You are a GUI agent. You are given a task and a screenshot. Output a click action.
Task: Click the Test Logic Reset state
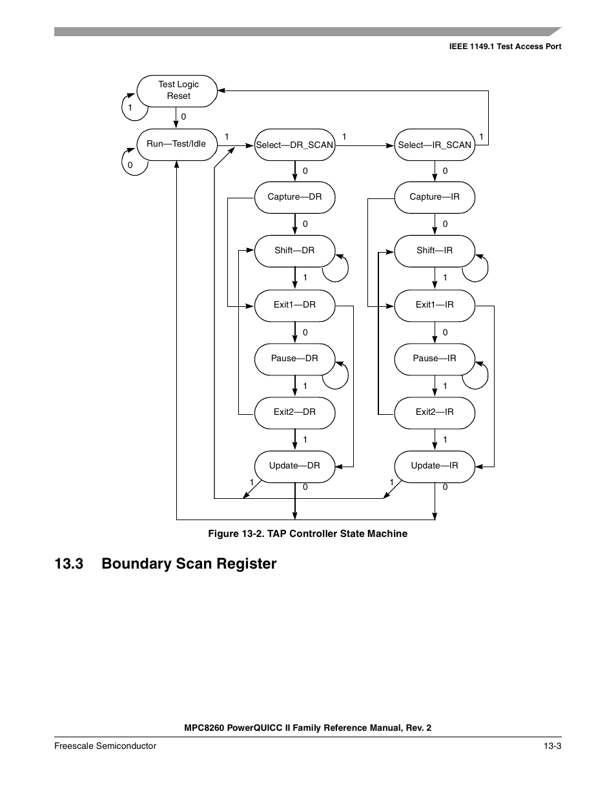click(x=177, y=90)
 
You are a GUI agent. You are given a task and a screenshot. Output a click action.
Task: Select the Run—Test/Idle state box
click(x=176, y=144)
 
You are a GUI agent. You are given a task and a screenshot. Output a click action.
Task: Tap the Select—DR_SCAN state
click(x=294, y=145)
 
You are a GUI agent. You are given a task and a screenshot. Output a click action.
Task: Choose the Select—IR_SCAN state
click(x=435, y=145)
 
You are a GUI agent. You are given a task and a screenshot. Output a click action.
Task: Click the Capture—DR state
click(x=294, y=197)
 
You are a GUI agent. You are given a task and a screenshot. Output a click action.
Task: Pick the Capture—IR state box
click(x=435, y=197)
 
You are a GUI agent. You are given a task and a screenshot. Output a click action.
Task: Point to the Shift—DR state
click(x=294, y=251)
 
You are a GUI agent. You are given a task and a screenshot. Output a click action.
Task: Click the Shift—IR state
click(x=435, y=251)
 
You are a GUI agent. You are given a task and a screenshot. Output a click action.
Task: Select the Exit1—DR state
click(x=294, y=305)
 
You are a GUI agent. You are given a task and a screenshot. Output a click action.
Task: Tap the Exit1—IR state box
click(x=435, y=305)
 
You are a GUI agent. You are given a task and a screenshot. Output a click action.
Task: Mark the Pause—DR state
click(x=294, y=359)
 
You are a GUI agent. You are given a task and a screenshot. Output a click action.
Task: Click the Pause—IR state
click(x=435, y=359)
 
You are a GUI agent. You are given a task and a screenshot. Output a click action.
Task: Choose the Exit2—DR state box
click(x=294, y=412)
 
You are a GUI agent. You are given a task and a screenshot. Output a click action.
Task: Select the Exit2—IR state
click(x=435, y=412)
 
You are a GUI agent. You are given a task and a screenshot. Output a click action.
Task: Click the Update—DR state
click(x=294, y=466)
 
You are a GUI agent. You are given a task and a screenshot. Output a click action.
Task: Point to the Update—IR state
click(x=435, y=466)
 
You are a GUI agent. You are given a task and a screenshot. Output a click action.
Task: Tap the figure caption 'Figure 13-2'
click(x=307, y=534)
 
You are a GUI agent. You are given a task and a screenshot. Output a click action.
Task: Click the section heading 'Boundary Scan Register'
click(x=189, y=564)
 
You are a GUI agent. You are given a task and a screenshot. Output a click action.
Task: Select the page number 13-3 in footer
click(x=552, y=746)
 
